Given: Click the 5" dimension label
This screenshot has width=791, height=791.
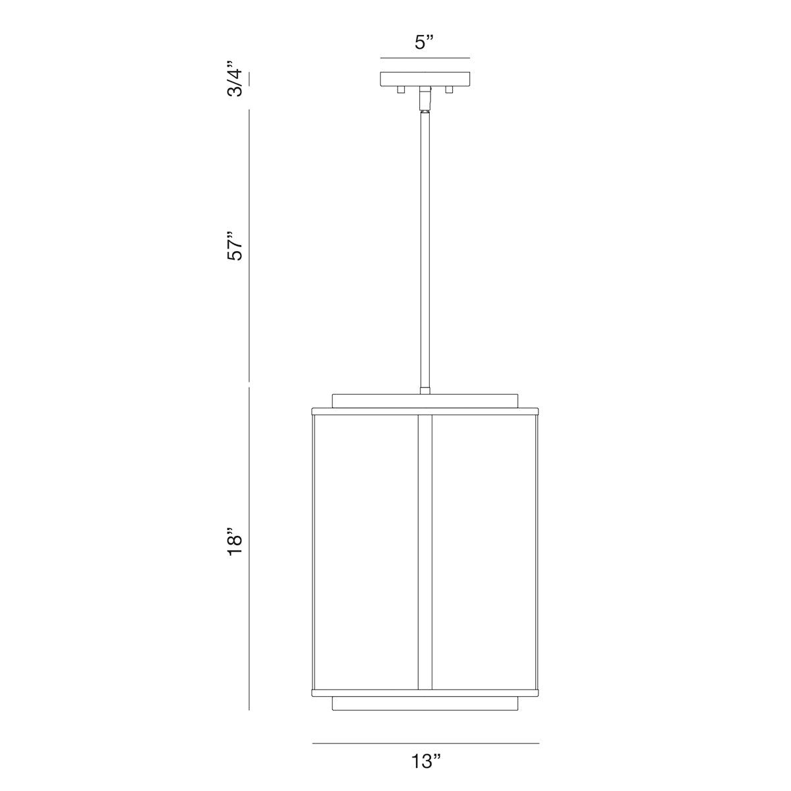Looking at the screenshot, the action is tap(424, 42).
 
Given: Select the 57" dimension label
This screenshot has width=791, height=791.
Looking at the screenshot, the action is tap(235, 245).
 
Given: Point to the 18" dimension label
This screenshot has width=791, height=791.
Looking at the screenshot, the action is tap(235, 541).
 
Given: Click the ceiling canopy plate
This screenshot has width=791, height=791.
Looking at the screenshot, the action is tap(425, 79).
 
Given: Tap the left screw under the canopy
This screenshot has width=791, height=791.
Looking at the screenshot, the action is tap(401, 90).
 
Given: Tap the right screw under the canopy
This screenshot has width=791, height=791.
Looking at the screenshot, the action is tap(449, 90).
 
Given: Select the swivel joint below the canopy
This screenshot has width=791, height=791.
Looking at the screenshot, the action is tap(425, 99).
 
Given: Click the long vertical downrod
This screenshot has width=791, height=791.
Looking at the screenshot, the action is tap(425, 250).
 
